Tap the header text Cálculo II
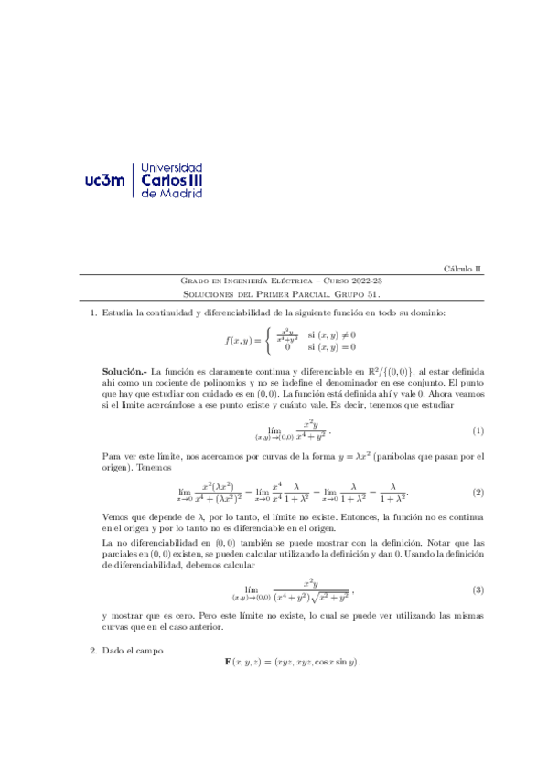coord(463,269)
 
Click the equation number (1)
coord(478,430)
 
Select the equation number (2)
coord(478,493)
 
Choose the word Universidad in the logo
coord(174,168)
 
